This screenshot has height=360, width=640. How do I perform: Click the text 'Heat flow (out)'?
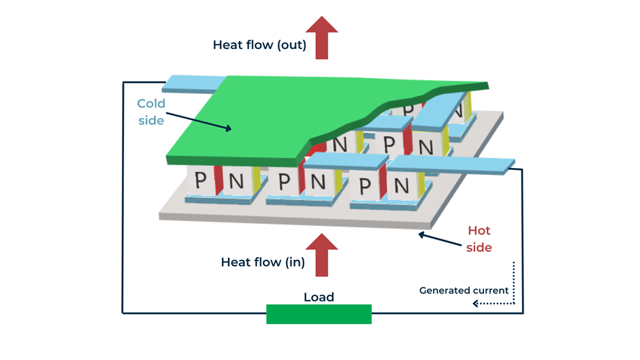(x=259, y=46)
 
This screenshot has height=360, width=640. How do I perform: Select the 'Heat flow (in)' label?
(x=263, y=262)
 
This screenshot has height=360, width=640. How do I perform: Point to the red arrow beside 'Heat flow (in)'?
(x=321, y=254)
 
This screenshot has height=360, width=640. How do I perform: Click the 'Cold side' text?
(x=151, y=112)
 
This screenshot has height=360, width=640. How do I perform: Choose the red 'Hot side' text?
(x=479, y=239)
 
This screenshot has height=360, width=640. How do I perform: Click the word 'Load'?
(x=319, y=297)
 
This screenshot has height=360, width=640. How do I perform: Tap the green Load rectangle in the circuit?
(x=319, y=314)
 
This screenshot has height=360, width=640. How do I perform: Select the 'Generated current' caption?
(x=464, y=291)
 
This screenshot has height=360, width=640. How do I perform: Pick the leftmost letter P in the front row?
(x=200, y=180)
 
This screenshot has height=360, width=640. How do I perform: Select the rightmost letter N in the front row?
(x=402, y=185)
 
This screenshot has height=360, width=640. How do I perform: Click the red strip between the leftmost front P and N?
(x=219, y=180)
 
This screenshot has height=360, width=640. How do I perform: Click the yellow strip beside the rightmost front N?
(x=421, y=182)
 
